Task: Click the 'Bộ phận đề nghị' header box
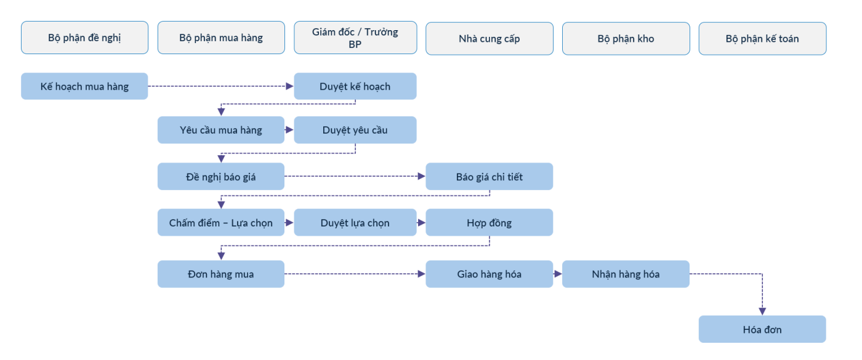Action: tap(85, 38)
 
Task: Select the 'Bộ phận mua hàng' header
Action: tap(221, 38)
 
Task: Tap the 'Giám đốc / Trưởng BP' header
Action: tap(355, 38)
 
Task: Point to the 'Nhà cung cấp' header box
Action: tap(489, 38)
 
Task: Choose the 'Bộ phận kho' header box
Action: tap(626, 38)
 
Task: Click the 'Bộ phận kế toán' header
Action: tap(762, 38)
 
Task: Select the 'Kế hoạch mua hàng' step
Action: tap(85, 86)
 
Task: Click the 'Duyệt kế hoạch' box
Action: tap(355, 86)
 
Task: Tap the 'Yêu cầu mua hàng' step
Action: tap(221, 130)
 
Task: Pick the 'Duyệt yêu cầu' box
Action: tap(355, 130)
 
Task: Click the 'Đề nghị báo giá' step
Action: tap(221, 177)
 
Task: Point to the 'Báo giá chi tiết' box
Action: tap(489, 177)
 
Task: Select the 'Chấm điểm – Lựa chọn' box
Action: tap(221, 222)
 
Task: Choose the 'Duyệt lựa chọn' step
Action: tap(355, 222)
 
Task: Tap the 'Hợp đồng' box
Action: tap(489, 222)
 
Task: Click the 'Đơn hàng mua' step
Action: tap(221, 274)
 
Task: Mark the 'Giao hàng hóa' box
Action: tap(489, 274)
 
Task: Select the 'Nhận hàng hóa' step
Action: tap(626, 274)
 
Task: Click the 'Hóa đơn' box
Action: tap(762, 329)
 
